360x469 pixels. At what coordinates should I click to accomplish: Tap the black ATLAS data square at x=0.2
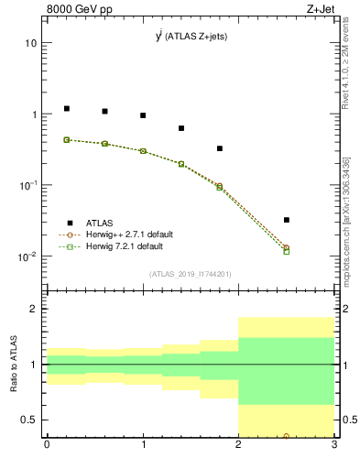66,108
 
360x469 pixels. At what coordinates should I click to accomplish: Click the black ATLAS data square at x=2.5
287,220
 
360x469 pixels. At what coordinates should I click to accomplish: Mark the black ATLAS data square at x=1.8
220,148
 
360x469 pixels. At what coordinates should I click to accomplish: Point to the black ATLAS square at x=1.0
143,115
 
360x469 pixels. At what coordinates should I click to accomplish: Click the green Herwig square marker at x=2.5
287,250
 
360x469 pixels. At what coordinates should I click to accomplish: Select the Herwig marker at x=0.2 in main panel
66,140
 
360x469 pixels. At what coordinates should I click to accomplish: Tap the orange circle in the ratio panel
287,436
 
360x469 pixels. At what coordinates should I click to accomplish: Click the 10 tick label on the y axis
30,43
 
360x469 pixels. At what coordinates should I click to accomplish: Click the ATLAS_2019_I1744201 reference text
190,274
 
